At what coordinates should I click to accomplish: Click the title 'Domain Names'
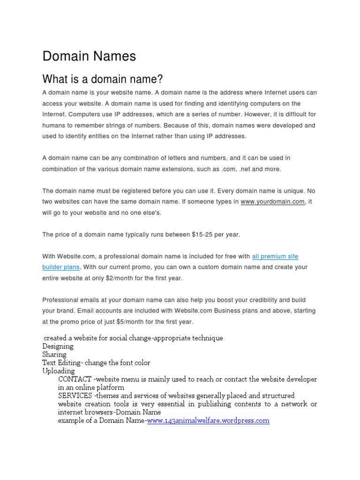(x=89, y=56)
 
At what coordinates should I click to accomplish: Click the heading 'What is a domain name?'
(x=103, y=78)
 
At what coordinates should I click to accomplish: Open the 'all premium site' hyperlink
(x=275, y=256)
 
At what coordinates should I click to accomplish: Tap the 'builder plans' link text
(x=61, y=267)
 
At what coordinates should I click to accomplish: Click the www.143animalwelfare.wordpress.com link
(x=208, y=421)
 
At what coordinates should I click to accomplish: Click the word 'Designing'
(x=58, y=346)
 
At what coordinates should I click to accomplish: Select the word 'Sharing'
(x=54, y=355)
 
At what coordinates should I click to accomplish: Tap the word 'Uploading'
(x=58, y=371)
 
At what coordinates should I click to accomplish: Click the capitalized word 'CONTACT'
(x=75, y=379)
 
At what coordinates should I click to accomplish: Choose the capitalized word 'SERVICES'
(x=75, y=396)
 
